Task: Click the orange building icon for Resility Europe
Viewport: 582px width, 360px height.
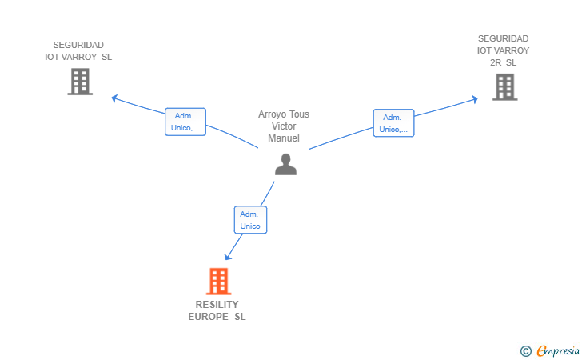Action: pyautogui.click(x=218, y=282)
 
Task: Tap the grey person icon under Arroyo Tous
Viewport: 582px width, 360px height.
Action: pyautogui.click(x=285, y=164)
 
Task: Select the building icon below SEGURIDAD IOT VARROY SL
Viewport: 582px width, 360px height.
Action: pyautogui.click(x=80, y=82)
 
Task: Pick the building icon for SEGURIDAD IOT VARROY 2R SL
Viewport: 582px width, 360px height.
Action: pyautogui.click(x=504, y=87)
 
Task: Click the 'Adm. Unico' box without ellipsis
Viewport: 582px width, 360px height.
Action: pyautogui.click(x=250, y=220)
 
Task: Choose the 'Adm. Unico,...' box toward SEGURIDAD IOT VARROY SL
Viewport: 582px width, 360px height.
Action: pyautogui.click(x=185, y=122)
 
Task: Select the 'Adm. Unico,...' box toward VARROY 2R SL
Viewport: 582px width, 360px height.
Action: pyautogui.click(x=393, y=123)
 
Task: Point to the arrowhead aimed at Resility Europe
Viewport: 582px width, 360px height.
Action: pyautogui.click(x=228, y=256)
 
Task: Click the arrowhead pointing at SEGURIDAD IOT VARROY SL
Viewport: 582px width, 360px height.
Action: pyautogui.click(x=114, y=98)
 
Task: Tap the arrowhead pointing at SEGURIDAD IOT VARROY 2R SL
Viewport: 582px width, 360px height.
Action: pyautogui.click(x=475, y=99)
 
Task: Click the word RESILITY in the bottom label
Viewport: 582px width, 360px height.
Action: pyautogui.click(x=217, y=305)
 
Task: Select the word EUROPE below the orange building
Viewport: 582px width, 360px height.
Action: pyautogui.click(x=208, y=317)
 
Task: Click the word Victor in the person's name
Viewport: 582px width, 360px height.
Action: pyautogui.click(x=284, y=126)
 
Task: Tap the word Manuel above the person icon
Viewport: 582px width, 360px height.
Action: pyautogui.click(x=284, y=138)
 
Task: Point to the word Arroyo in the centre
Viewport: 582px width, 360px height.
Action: pyautogui.click(x=272, y=114)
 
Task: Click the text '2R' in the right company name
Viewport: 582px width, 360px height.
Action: pyautogui.click(x=496, y=62)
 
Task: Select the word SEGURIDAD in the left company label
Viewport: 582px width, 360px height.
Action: pyautogui.click(x=78, y=45)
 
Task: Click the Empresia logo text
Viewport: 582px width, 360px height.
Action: pyautogui.click(x=558, y=350)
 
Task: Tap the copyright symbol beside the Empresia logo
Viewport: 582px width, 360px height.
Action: pyautogui.click(x=525, y=351)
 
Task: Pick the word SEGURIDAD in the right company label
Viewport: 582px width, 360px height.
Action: pyautogui.click(x=503, y=38)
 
